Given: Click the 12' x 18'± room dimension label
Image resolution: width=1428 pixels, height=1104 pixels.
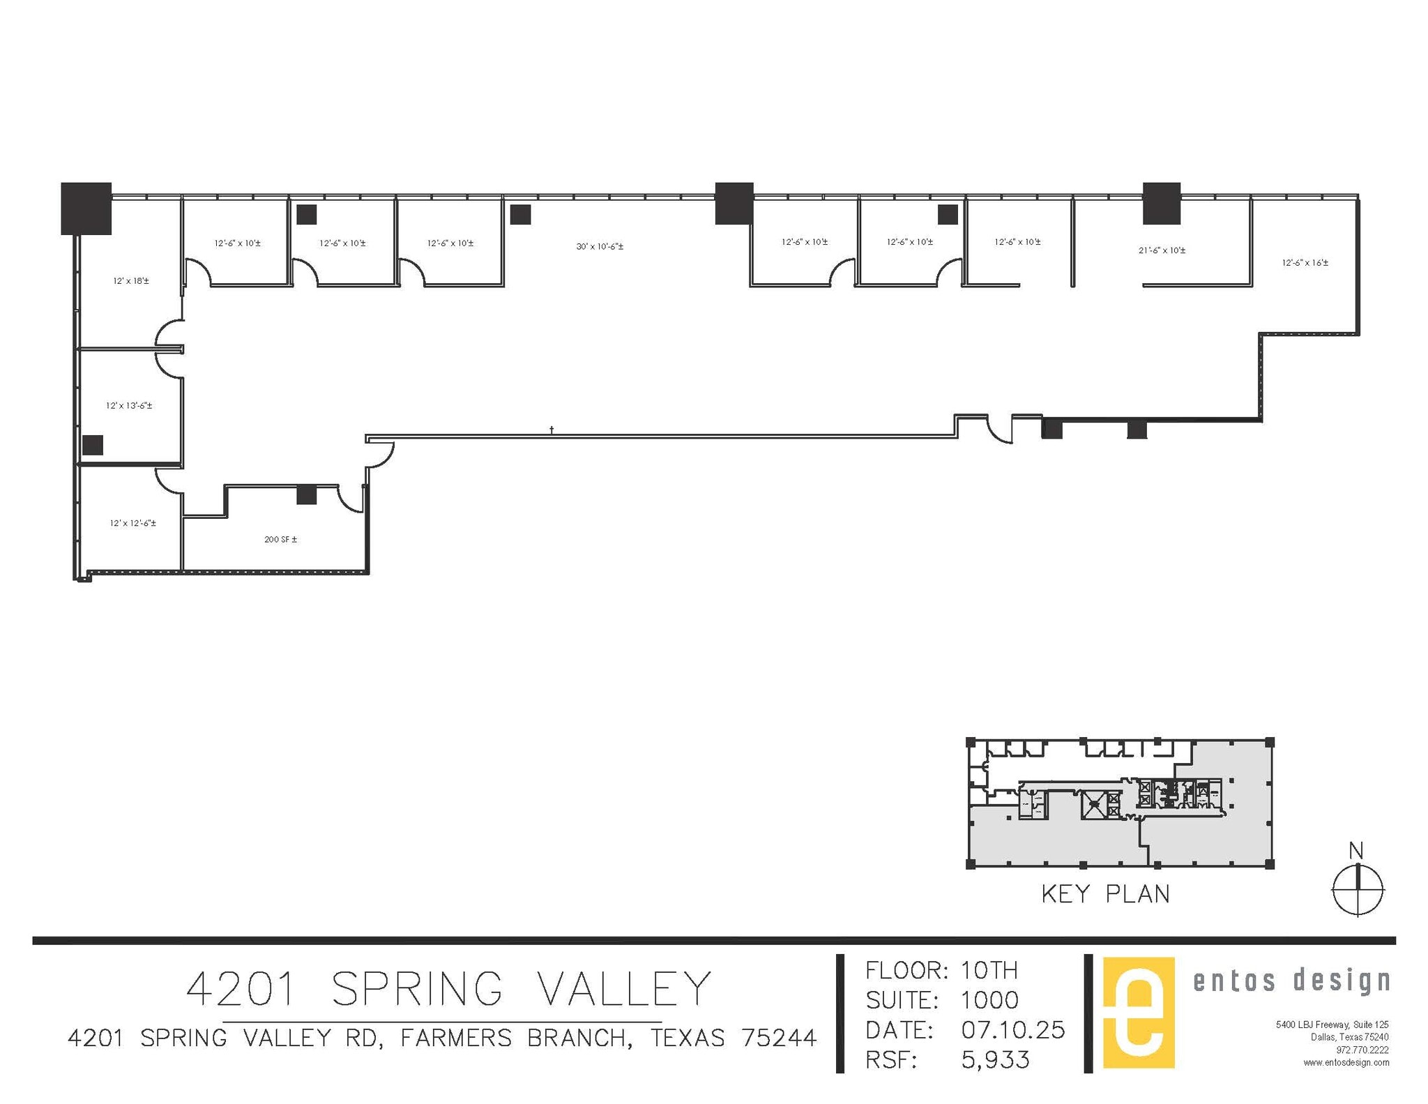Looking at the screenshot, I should (x=131, y=281).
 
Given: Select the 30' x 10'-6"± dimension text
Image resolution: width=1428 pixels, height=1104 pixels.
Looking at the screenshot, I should (x=600, y=246).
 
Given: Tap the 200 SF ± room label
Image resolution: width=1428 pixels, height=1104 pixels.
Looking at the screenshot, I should (x=280, y=539).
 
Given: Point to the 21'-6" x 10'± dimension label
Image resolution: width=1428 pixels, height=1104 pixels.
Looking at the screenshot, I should (x=1162, y=250).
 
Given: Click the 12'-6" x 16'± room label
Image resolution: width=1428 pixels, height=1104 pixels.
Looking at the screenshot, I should (x=1305, y=263).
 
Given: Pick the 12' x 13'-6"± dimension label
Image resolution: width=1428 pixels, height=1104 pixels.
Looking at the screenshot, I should (x=129, y=405).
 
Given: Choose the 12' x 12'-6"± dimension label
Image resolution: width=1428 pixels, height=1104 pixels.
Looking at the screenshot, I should (x=132, y=523).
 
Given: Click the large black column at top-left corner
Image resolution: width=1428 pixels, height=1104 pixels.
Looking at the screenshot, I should (x=86, y=208).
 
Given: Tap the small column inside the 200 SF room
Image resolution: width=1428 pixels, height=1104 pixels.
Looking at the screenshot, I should (x=307, y=494).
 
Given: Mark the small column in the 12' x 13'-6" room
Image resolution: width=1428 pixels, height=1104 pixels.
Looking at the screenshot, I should (x=93, y=445).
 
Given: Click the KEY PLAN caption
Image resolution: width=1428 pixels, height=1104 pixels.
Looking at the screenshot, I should (x=1105, y=894).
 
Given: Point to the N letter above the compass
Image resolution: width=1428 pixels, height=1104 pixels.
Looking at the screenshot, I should (x=1356, y=851).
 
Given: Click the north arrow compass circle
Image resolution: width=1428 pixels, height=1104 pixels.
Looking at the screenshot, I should (x=1358, y=890).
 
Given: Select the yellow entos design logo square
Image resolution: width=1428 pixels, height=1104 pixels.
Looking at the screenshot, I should (x=1138, y=1013).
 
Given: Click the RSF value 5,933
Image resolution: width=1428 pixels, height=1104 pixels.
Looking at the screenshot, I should (x=995, y=1060).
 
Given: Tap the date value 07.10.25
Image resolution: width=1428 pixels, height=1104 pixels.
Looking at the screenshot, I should (x=1012, y=1030).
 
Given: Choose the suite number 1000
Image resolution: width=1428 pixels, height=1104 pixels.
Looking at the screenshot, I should (x=989, y=1000).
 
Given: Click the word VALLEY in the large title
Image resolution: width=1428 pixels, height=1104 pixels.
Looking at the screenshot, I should (x=624, y=988).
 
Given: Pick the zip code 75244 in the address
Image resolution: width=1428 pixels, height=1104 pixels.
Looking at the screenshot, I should (x=779, y=1038).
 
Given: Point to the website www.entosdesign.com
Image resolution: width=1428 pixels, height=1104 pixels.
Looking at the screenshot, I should (x=1346, y=1062).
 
